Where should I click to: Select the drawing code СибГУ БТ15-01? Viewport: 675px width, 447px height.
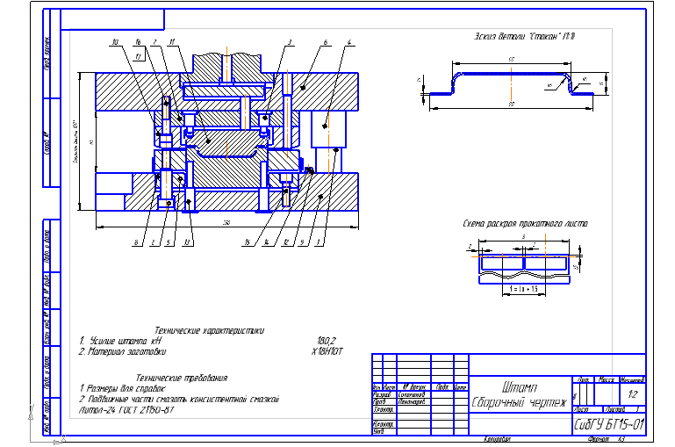pos(608,424)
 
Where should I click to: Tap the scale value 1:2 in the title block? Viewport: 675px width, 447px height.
pos(632,395)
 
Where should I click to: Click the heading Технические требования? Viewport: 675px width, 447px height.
pos(190,378)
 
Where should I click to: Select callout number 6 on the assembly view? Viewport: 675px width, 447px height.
pos(325,42)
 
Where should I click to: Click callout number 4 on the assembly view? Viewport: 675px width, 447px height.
pos(349,42)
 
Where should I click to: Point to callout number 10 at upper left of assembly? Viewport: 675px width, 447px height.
pos(115,42)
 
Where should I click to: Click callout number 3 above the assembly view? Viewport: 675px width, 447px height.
pos(289,42)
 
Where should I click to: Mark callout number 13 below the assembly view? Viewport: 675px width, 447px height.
pos(187,243)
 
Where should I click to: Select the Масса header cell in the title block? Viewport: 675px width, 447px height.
pos(605,380)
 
